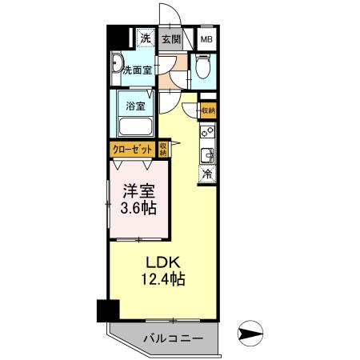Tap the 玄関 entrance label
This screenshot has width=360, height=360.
click(x=170, y=38)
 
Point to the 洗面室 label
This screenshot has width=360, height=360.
click(x=137, y=70)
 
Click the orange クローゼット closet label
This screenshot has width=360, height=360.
click(x=133, y=149)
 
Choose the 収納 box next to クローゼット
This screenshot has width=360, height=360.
click(x=162, y=149)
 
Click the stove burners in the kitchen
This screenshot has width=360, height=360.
click(x=207, y=130)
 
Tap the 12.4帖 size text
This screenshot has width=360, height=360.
click(x=166, y=281)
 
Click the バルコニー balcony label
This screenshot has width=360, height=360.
click(x=173, y=338)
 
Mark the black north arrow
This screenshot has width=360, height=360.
click(x=250, y=333)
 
